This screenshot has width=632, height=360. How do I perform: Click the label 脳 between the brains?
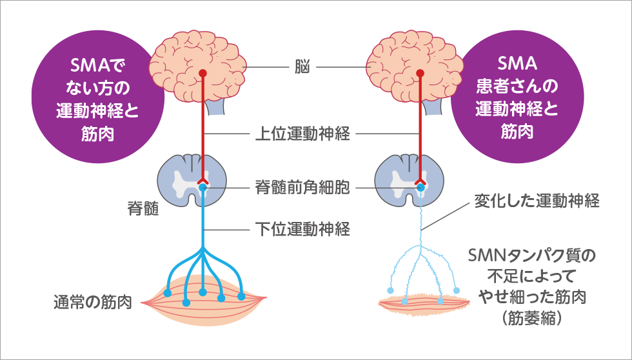coord(302,67)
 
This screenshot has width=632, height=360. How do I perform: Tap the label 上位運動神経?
coord(302,134)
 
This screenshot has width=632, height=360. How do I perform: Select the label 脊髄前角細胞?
coord(302,188)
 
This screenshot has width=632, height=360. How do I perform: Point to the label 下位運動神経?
coord(302,228)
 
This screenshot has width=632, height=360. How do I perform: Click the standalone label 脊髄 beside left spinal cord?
coord(143,210)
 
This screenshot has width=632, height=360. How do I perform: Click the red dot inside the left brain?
coord(202,73)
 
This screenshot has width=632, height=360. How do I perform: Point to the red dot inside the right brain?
coord(420,73)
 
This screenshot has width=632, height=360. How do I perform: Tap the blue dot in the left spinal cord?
coord(203,187)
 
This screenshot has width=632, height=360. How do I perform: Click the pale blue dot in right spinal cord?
coord(420,187)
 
